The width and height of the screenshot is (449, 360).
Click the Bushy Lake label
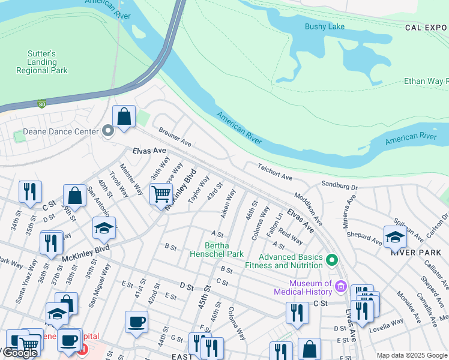point(324,26)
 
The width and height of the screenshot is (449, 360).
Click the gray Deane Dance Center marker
point(108,131)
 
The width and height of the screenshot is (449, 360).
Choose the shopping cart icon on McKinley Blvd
point(161,194)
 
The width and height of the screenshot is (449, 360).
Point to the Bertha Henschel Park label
point(224,250)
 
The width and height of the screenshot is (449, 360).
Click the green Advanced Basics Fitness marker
point(332,260)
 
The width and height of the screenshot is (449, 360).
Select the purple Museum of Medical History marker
point(342,287)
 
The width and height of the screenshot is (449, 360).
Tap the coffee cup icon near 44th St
point(136,322)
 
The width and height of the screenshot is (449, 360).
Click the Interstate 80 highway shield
point(42,104)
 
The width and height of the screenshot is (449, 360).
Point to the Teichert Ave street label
point(274,171)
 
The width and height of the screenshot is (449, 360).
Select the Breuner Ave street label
point(175,137)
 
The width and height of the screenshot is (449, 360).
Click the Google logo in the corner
point(19,353)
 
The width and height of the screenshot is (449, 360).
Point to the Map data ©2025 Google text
point(411,355)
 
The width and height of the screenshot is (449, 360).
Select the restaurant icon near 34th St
point(30,191)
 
